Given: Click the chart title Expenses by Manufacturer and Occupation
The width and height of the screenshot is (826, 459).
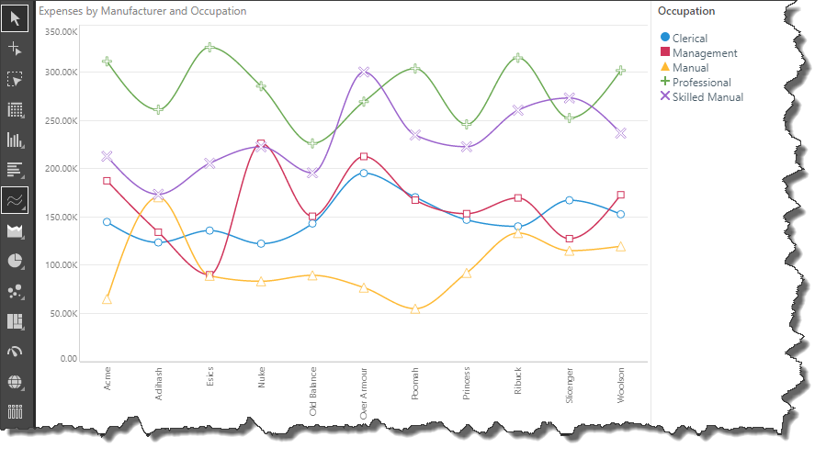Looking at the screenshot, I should coord(142,12).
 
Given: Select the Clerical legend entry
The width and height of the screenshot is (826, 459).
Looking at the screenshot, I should coord(688,39).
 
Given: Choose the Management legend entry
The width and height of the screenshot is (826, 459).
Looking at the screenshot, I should coord(704,53).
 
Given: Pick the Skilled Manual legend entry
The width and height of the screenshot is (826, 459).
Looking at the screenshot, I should coord(707,96).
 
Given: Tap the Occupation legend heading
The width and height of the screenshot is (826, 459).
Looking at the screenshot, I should coord(686,12).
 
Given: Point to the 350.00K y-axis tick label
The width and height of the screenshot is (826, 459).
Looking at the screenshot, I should coord(60,32).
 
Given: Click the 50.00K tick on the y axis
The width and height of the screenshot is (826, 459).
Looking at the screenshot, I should coord(62,313).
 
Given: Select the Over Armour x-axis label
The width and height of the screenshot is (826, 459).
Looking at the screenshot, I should coord(365,395).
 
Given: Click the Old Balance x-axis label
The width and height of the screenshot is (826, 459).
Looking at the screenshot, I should coord(313,394).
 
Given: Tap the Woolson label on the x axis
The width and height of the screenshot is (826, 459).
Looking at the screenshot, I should coord(622,386).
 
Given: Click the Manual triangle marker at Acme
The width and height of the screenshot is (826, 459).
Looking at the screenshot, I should coord(107,299).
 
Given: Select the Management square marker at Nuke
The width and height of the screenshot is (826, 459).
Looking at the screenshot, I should coord(261,144).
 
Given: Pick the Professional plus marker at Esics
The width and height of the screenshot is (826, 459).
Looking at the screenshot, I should coord(209,47).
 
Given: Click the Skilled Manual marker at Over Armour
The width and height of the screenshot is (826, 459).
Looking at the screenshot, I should coord(364,72).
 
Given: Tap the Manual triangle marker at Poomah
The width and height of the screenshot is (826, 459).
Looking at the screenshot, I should coord(415,308).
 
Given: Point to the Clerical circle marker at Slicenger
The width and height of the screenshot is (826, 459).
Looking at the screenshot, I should coord(570,200).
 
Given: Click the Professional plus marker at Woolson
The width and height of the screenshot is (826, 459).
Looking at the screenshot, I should coord(621,71).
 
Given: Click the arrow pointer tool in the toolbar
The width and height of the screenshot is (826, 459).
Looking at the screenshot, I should coord(15,17).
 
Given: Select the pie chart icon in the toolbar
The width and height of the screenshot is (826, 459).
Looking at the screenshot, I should coord(15,260).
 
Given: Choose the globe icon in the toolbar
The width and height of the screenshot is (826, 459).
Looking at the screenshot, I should coord(15,381).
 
